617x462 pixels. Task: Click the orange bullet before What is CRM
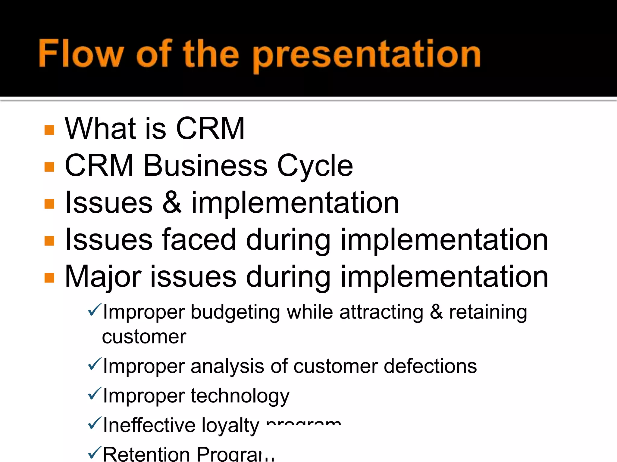click(x=49, y=130)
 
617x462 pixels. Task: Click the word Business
click(x=205, y=165)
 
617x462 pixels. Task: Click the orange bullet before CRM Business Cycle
click(x=49, y=167)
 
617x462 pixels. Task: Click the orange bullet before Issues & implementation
click(x=49, y=204)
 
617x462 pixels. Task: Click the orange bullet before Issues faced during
click(x=49, y=241)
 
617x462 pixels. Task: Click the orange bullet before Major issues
click(x=49, y=278)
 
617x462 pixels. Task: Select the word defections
click(x=430, y=366)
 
